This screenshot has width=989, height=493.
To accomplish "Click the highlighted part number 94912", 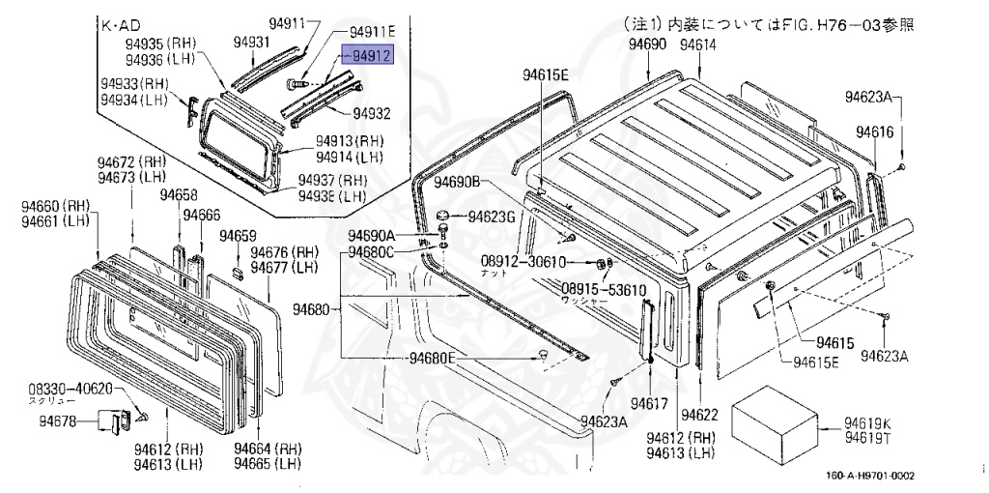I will coord(371,56).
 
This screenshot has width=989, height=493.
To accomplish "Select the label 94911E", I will coord(372,31).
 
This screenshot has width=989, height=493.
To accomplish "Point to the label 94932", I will coord(371,113).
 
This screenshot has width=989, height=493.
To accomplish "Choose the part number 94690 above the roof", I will coord(646,45).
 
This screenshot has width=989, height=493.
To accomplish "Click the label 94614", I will coord(697,45).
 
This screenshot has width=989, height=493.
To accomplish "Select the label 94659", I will coord(238,236).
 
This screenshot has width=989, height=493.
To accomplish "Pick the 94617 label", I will coord(650,401).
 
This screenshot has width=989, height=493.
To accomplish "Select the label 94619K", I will coord(867,422).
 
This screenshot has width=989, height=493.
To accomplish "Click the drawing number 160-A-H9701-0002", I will coord(870,475).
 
